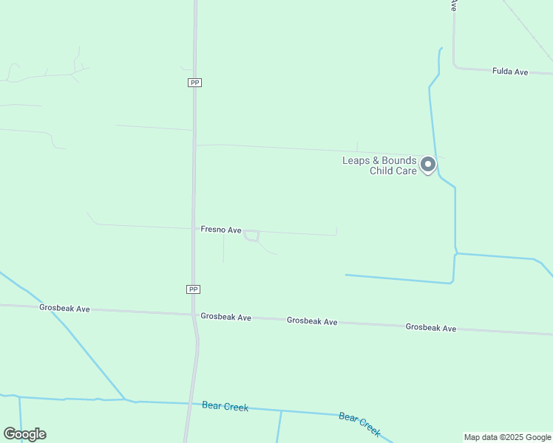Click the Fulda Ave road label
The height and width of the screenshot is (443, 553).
(x=510, y=72)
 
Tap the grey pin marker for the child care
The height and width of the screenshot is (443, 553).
(x=428, y=165)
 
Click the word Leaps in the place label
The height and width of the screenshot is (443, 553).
(x=354, y=161)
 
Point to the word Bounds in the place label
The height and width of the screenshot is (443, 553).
(x=399, y=161)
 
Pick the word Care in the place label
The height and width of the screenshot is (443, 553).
(x=406, y=171)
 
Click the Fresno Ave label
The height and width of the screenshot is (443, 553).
(x=221, y=230)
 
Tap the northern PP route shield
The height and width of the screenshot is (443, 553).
(x=194, y=83)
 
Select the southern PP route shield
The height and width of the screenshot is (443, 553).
(x=193, y=289)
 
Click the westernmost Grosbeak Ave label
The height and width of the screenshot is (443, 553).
(x=64, y=308)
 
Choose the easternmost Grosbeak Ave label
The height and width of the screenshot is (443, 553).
(x=430, y=327)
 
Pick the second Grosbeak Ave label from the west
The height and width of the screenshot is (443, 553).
(x=225, y=317)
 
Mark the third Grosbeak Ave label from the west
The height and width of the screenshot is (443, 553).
(x=312, y=321)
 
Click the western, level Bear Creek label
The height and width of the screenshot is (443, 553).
(x=225, y=406)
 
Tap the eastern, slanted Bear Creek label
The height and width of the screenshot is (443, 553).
(x=359, y=424)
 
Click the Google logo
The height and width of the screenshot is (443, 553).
(x=24, y=434)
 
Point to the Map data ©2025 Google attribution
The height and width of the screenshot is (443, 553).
(x=508, y=437)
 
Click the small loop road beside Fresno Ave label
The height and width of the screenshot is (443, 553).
(x=251, y=236)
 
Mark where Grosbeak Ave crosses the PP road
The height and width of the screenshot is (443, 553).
(x=194, y=315)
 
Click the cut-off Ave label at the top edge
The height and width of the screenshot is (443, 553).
(x=453, y=4)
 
